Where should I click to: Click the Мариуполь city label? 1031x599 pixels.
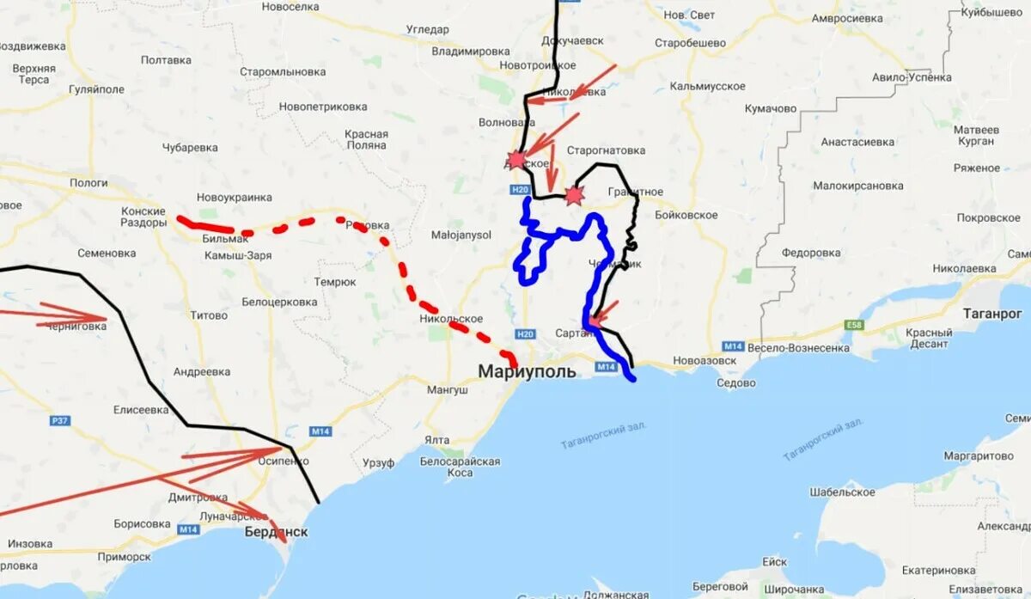527,372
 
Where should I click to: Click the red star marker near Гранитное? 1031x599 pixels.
573,195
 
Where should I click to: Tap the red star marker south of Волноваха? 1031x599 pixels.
515,159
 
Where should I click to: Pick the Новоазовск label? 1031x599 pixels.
705,360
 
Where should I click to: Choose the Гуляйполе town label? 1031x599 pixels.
96,89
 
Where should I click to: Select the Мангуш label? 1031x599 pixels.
447,389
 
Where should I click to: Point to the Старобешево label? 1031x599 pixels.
690,43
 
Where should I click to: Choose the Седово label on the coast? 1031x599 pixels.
736,382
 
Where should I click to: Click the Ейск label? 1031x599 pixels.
774,562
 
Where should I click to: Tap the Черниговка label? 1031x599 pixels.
76,326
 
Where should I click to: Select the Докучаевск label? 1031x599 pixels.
572,40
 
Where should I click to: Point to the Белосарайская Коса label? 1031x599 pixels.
460,467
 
